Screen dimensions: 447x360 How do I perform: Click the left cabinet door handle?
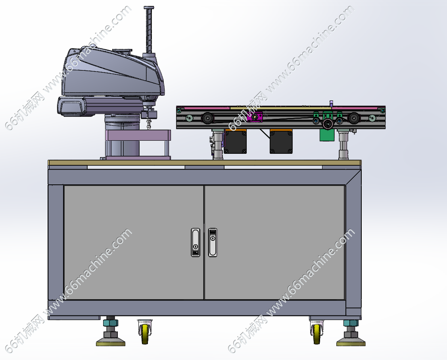195,242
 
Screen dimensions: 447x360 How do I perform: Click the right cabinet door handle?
212,242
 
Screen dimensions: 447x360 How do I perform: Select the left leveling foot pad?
111,342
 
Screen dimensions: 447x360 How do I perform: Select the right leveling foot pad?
351,342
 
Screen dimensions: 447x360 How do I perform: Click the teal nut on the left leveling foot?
111,323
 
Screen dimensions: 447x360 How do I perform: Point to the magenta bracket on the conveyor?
255,117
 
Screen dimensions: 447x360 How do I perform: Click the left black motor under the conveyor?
235,141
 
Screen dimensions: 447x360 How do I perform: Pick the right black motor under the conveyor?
281,141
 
